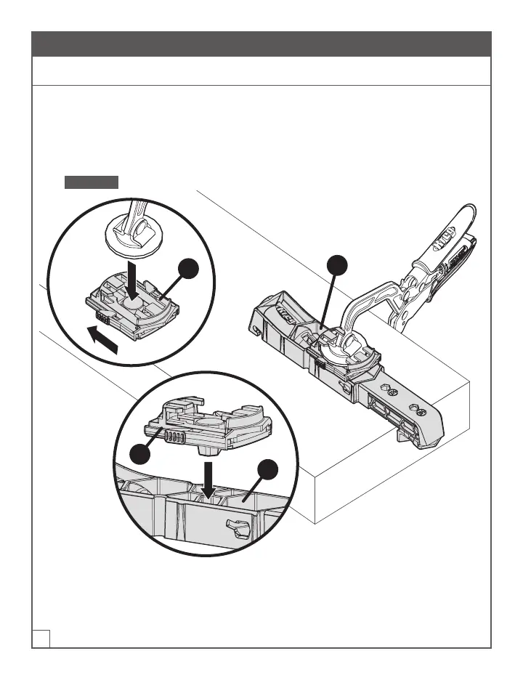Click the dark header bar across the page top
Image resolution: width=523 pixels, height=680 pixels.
pyautogui.click(x=261, y=44)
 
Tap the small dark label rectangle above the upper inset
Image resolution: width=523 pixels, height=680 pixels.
pyautogui.click(x=92, y=182)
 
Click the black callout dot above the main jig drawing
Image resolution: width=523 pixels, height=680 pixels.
pyautogui.click(x=336, y=265)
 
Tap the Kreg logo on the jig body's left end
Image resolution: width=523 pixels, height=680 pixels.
pyautogui.click(x=284, y=314)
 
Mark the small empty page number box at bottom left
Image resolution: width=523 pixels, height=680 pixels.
pyautogui.click(x=41, y=637)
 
